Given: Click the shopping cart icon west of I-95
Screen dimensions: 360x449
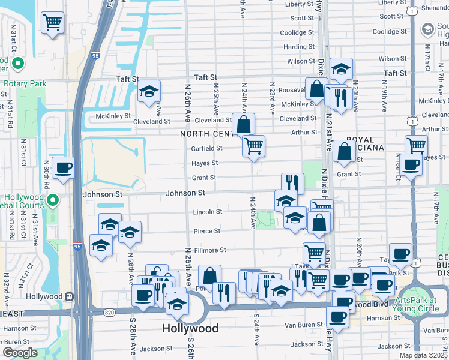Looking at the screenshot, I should coord(52,23).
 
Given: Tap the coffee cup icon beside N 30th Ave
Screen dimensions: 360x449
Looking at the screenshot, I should coord(63,168).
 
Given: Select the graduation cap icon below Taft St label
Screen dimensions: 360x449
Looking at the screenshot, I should coord(149,92).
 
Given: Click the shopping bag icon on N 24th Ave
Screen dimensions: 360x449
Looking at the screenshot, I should coord(244,125).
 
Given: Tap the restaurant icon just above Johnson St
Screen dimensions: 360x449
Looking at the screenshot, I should coord(292,182).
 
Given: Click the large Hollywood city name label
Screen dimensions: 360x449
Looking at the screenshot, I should coord(190,328).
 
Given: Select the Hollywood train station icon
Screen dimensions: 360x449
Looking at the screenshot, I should coord(70,296).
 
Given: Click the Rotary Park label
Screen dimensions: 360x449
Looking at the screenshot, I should coord(25,83).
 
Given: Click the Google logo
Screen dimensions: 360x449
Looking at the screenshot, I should coord(20,353).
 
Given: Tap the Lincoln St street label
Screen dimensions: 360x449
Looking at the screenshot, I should coord(208,212).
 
